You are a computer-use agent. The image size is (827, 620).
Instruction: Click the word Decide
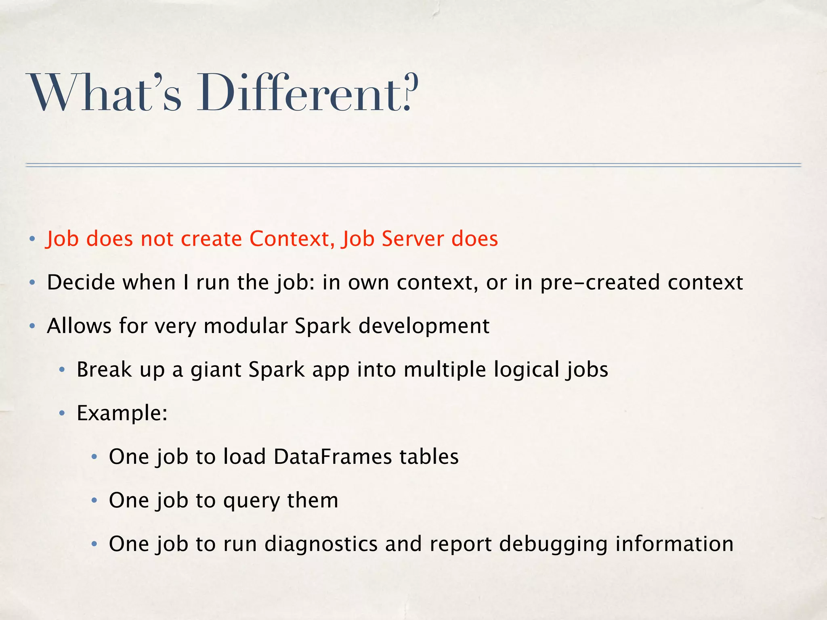tap(81, 282)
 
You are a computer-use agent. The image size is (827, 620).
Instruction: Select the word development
tap(424, 327)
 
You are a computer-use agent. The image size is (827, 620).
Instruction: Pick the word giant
tap(216, 370)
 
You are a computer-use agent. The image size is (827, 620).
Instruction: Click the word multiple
tap(445, 370)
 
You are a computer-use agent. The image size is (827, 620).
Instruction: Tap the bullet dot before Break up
tap(62, 370)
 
